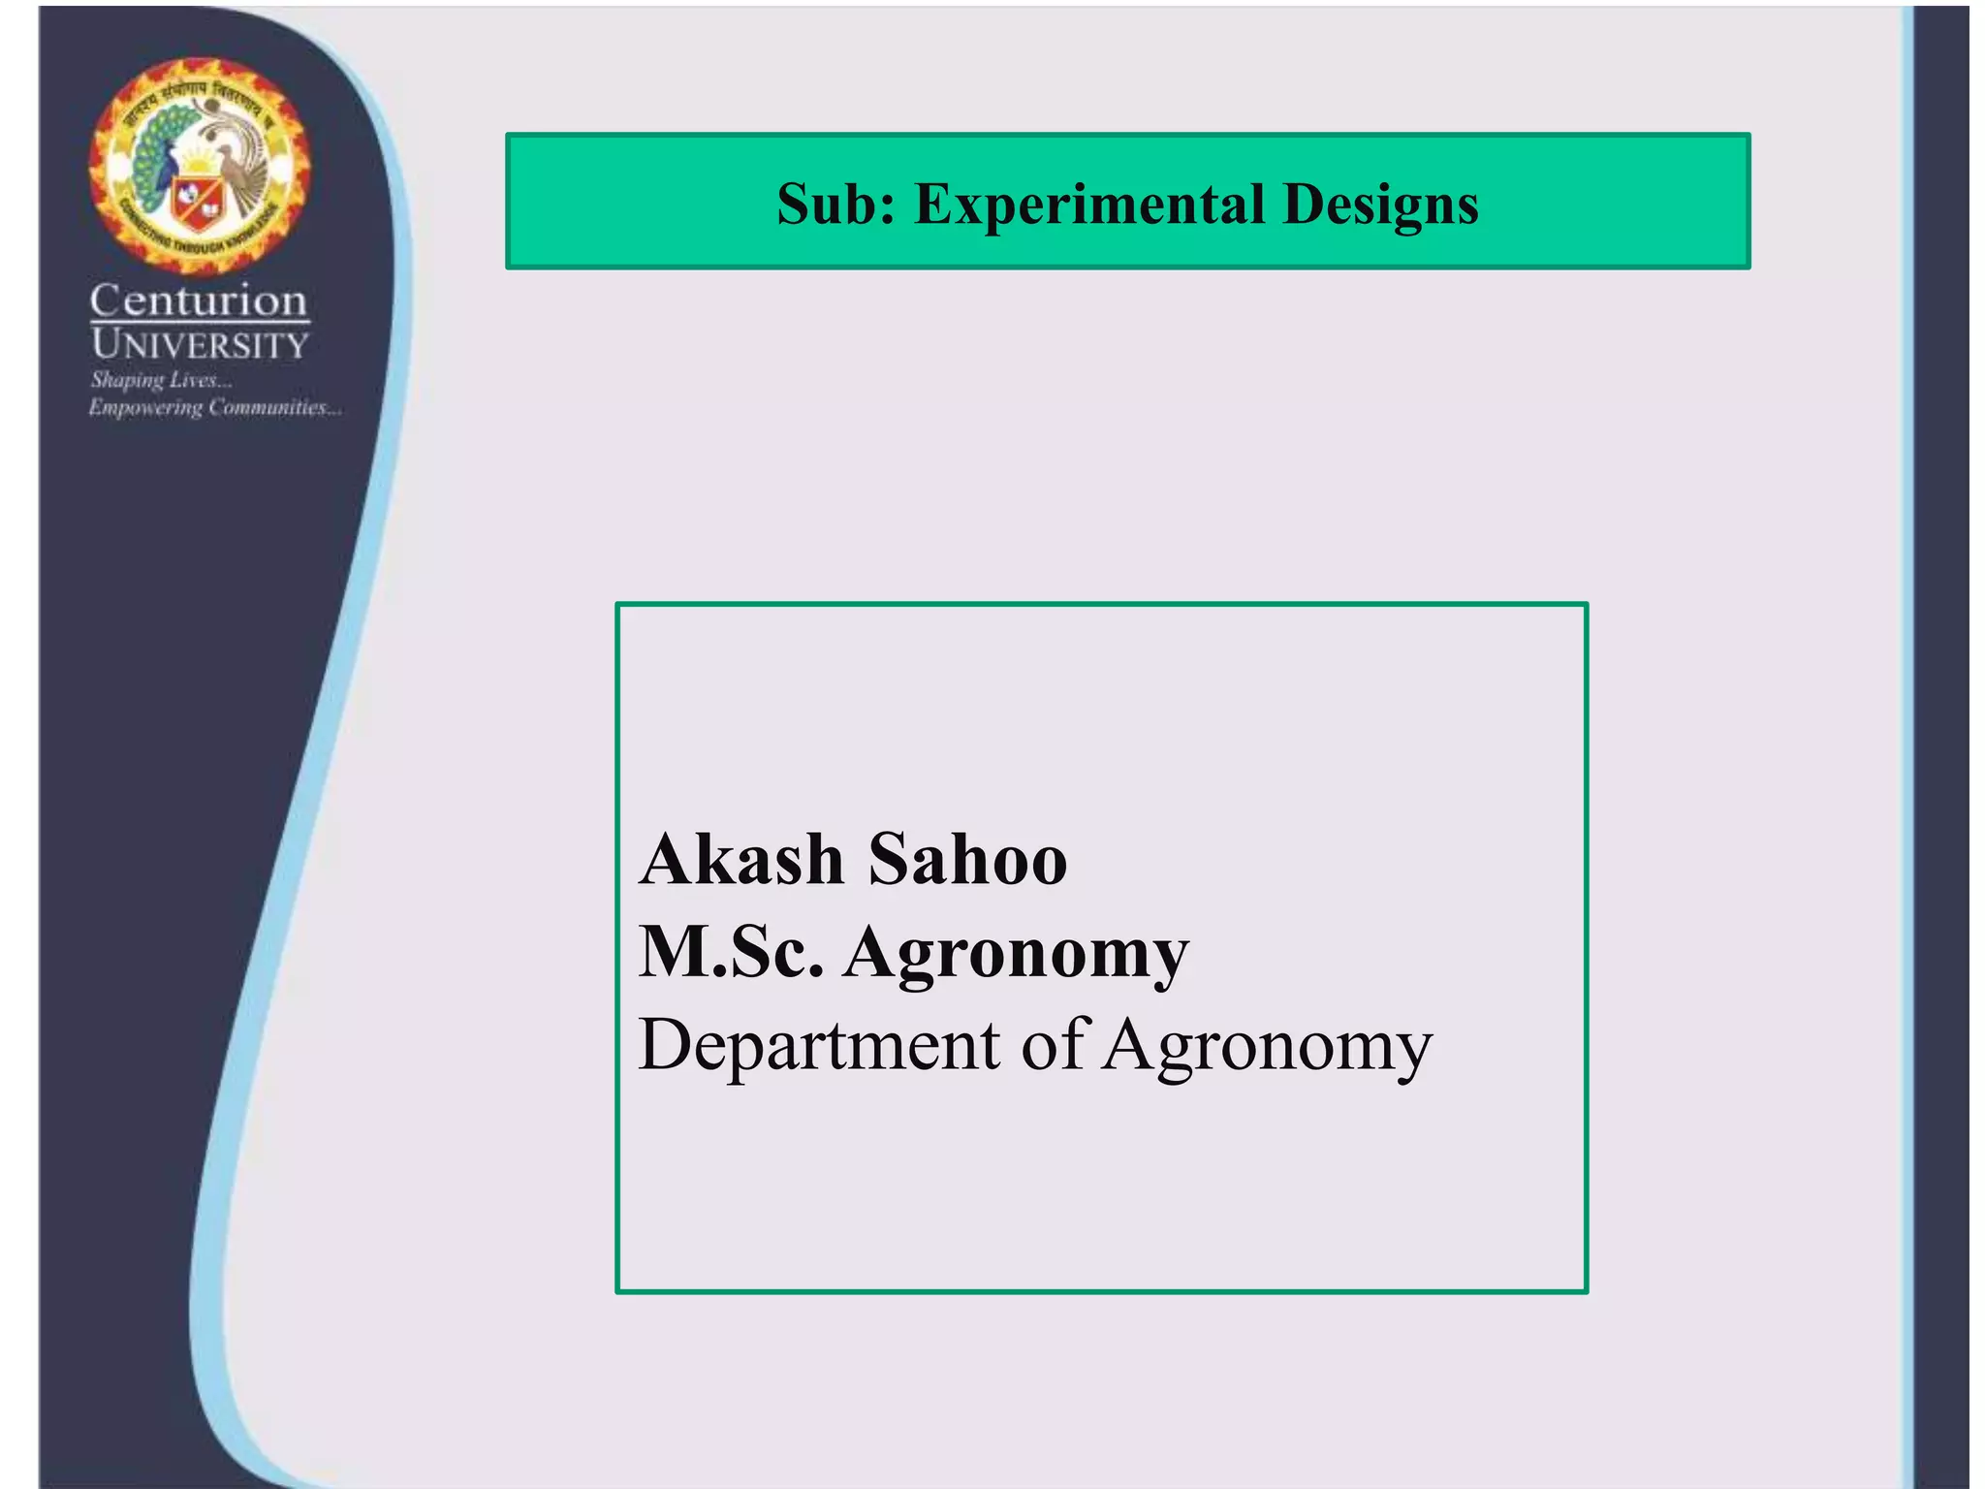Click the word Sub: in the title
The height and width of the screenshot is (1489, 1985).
pos(836,205)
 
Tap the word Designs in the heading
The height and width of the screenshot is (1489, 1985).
pos(1380,205)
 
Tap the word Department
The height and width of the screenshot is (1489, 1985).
pos(819,1046)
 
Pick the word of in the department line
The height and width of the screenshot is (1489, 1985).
pos(1056,1044)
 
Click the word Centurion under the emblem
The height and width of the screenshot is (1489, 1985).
pos(199,301)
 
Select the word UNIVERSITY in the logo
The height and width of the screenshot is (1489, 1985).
pos(200,344)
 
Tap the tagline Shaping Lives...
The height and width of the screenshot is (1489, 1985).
pos(161,379)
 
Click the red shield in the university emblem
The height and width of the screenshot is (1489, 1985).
pos(197,201)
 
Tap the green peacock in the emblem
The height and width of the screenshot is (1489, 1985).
pos(155,160)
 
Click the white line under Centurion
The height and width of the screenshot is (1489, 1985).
pos(200,321)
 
